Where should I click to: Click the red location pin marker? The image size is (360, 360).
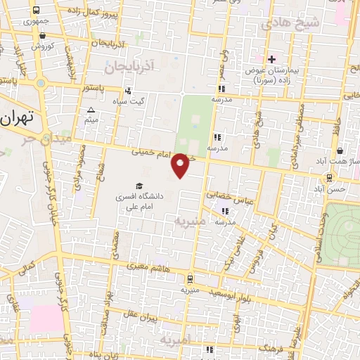(x=181, y=165)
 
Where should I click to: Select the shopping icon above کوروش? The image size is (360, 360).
(x=37, y=34)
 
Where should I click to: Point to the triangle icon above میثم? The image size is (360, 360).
(x=91, y=110)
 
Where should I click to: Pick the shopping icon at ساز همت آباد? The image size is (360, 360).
(x=340, y=150)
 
